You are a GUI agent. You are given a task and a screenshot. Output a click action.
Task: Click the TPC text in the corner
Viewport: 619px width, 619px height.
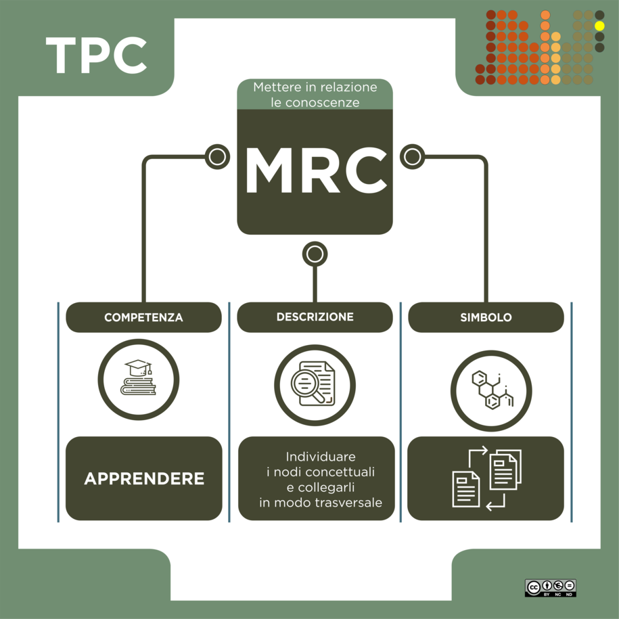pyautogui.click(x=96, y=55)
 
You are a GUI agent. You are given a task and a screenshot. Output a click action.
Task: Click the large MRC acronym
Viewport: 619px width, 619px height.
pyautogui.click(x=315, y=170)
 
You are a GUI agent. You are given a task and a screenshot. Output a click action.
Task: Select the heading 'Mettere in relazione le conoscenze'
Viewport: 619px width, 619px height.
pyautogui.click(x=315, y=95)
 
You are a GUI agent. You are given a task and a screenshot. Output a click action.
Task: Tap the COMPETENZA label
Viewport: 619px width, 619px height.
pyautogui.click(x=143, y=317)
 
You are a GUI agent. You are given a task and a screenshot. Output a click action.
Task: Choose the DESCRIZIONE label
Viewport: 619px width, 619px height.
pyautogui.click(x=315, y=317)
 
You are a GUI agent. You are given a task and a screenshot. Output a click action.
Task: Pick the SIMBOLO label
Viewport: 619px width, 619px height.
pyautogui.click(x=486, y=317)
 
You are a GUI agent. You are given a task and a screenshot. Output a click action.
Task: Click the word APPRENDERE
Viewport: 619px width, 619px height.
pyautogui.click(x=144, y=478)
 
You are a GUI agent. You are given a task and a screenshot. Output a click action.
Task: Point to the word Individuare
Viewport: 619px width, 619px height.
pyautogui.click(x=321, y=457)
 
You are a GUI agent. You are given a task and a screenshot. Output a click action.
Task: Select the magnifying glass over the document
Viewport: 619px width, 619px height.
pyautogui.click(x=308, y=386)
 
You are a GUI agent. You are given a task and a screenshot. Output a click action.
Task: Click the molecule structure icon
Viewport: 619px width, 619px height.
pyautogui.click(x=492, y=390)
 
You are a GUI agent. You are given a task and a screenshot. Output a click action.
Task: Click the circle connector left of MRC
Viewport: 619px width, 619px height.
pyautogui.click(x=218, y=157)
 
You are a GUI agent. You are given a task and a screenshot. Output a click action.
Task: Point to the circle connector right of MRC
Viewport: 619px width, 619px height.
pyautogui.click(x=413, y=157)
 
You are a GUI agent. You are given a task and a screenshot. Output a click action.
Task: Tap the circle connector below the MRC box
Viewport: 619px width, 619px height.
pyautogui.click(x=315, y=254)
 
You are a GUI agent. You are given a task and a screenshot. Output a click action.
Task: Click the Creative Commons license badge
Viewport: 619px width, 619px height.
pyautogui.click(x=550, y=588)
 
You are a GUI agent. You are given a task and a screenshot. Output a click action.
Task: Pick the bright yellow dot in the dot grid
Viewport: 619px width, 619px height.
pyautogui.click(x=599, y=26)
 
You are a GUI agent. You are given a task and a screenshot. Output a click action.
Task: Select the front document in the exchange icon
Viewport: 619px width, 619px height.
pyautogui.click(x=466, y=489)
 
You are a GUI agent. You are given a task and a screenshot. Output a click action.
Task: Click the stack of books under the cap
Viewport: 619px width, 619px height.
pyautogui.click(x=138, y=386)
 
